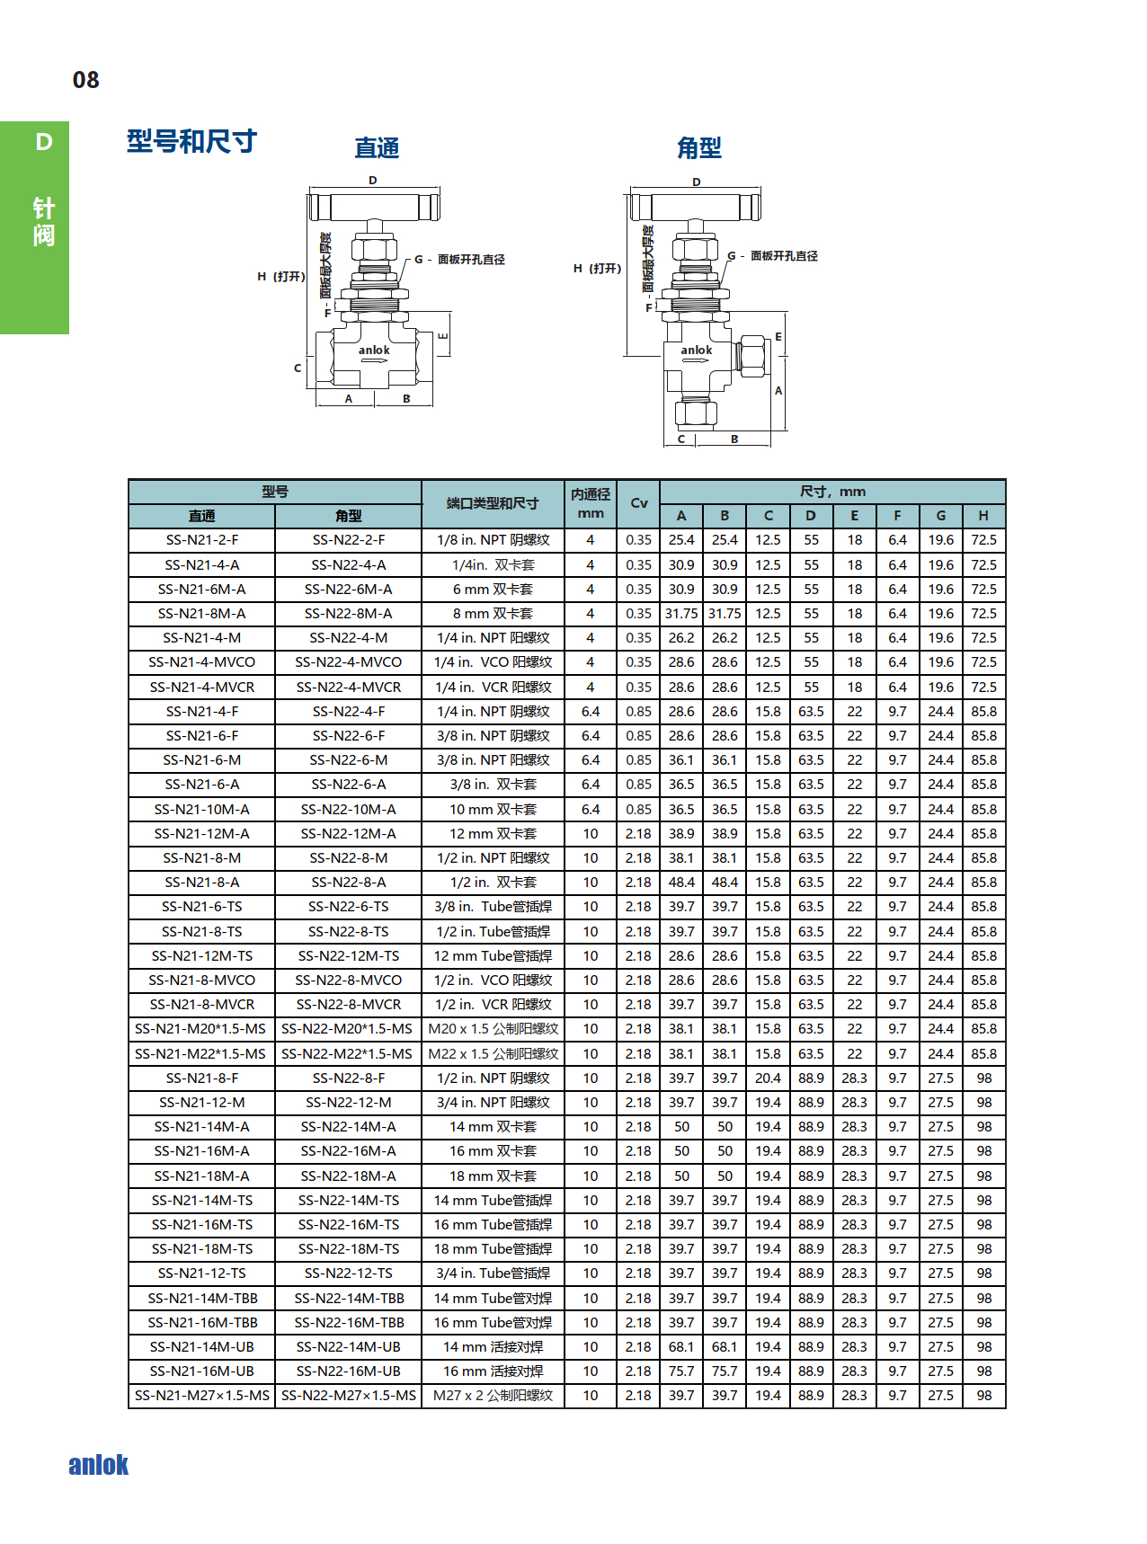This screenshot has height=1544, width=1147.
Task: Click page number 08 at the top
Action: (85, 80)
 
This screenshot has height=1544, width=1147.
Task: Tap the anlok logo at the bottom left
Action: (98, 1465)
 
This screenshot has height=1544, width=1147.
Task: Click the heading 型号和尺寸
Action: (191, 141)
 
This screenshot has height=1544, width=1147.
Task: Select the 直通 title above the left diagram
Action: (377, 147)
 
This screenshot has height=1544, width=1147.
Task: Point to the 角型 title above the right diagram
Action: (698, 147)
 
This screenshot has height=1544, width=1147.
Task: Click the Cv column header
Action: (638, 503)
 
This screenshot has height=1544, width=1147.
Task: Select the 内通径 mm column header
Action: (591, 503)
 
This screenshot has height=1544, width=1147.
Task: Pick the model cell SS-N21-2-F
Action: (201, 540)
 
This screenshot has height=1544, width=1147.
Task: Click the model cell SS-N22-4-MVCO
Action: (348, 662)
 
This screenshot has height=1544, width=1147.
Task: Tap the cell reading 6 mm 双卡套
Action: (493, 590)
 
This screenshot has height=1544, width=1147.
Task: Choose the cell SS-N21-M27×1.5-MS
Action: (201, 1396)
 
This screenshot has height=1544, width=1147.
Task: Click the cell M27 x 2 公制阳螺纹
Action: (493, 1396)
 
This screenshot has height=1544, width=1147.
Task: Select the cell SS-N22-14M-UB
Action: (348, 1347)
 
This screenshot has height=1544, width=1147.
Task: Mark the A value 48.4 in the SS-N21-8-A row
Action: (681, 883)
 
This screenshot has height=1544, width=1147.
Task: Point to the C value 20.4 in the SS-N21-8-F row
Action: (768, 1078)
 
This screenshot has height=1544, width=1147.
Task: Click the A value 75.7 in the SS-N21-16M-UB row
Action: (681, 1371)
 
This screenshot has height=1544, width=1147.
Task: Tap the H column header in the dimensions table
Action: (983, 516)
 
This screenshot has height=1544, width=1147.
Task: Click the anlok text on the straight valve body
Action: (374, 351)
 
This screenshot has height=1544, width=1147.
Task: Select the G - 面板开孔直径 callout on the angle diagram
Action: (773, 256)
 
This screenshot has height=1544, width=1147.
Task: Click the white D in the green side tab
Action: (43, 142)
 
